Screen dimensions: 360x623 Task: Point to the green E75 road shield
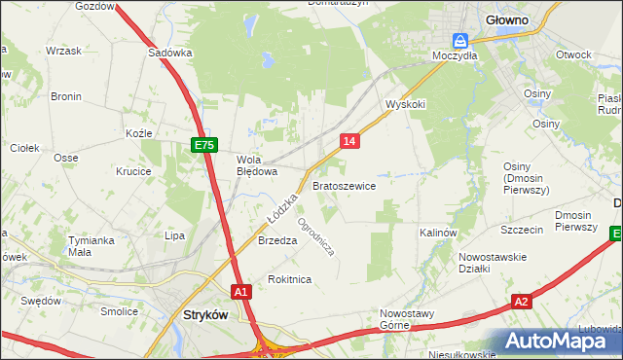tap(202, 145)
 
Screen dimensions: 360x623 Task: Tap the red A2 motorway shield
tap(522, 302)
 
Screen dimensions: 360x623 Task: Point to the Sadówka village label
tap(169, 54)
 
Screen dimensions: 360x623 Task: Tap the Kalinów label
tap(438, 234)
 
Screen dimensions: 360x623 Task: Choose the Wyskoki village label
tap(406, 103)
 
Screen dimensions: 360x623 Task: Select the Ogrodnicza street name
tap(316, 235)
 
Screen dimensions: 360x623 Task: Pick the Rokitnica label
tap(289, 279)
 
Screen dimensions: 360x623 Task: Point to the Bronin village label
tap(66, 96)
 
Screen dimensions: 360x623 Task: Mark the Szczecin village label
tap(521, 230)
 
